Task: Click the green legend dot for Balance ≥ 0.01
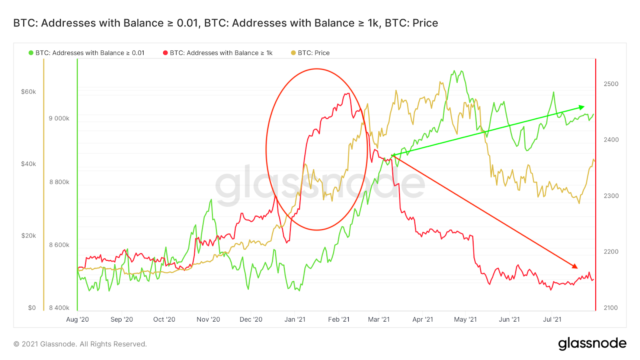point(31,53)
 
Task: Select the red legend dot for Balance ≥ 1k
point(165,53)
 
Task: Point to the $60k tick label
point(28,92)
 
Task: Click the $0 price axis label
point(32,308)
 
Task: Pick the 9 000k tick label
point(59,118)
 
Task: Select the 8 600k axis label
point(59,245)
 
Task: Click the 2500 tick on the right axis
point(611,84)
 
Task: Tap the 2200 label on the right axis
point(611,252)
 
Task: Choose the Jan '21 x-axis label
point(295,319)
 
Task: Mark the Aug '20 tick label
point(78,319)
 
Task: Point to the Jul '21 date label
point(552,319)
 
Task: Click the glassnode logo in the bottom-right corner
point(592,343)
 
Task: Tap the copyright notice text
point(80,344)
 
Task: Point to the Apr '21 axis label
point(423,319)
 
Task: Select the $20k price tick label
point(28,236)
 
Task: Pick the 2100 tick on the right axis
point(611,308)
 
